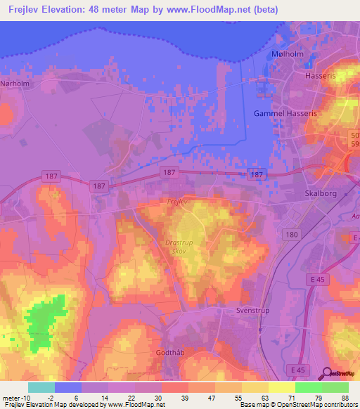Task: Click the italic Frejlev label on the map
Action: [x=179, y=202]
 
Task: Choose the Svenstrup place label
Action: [x=253, y=309]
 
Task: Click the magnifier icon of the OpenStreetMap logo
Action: [x=328, y=373]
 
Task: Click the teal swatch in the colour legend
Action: [x=41, y=387]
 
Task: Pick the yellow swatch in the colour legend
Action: [x=282, y=387]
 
